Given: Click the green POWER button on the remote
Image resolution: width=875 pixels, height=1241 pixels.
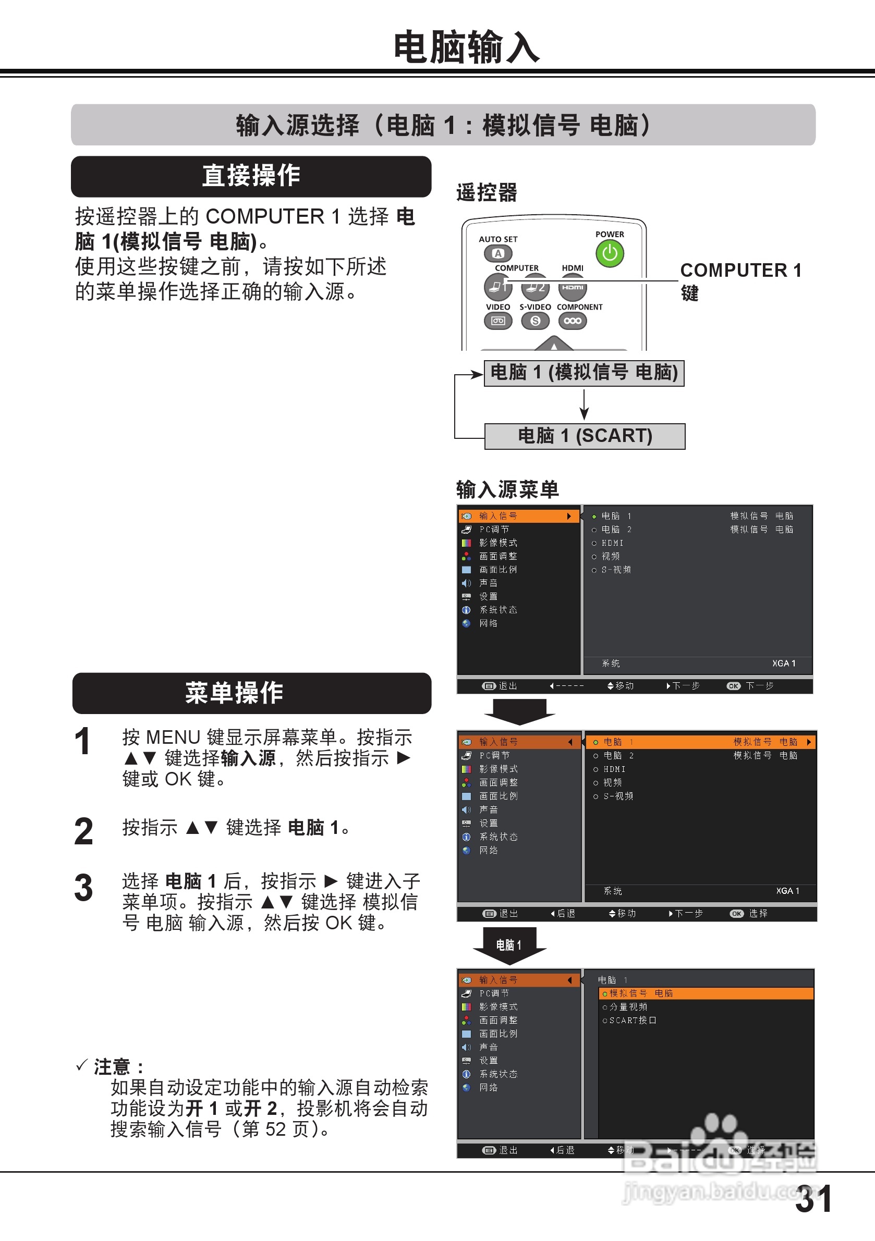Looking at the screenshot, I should coord(610,253).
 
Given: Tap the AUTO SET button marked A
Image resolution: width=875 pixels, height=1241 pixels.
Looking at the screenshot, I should coord(498,253).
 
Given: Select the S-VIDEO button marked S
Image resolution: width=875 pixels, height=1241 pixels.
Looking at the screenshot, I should coord(535,321).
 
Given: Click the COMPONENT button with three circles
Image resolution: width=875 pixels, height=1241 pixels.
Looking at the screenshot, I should coord(572,321).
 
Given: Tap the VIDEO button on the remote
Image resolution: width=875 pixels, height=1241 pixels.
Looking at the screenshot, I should coord(497,321).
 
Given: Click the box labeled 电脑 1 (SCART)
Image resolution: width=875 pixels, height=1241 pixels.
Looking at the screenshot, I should coord(585,436).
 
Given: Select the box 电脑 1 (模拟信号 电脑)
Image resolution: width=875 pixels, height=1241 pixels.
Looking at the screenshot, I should coord(584,373).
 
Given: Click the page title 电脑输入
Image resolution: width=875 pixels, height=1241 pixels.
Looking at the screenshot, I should coord(466,47).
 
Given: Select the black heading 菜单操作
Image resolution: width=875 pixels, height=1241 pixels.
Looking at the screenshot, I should coord(251,693).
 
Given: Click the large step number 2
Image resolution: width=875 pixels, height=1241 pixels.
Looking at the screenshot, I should coord(84,832).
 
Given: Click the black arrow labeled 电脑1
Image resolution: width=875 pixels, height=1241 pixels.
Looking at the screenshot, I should coord(509,945).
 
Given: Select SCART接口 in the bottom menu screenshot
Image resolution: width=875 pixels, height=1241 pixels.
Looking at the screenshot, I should coord(632,1021).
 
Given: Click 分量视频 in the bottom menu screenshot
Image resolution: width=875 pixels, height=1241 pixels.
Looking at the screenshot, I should coord(628,1007).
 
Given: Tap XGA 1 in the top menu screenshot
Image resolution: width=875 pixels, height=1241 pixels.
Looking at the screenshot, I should coord(783,663).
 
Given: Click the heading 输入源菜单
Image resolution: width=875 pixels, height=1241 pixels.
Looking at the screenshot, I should coord(507,490).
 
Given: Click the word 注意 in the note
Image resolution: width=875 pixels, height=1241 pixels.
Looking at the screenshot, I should coord(113,1067).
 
